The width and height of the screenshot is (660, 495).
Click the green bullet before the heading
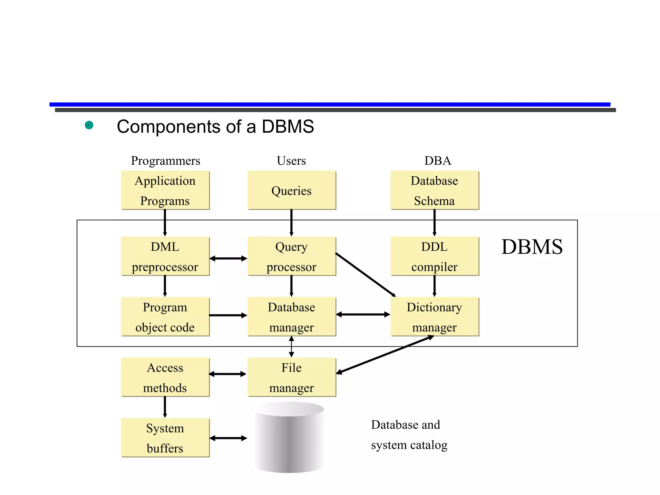click(89, 125)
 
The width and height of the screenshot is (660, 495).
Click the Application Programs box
click(165, 190)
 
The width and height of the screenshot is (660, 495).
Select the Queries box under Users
click(291, 190)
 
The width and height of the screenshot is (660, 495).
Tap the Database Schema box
click(434, 190)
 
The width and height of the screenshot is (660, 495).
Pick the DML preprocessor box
click(165, 257)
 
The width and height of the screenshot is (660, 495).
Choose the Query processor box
click(291, 257)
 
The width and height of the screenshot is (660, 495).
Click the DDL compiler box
click(434, 257)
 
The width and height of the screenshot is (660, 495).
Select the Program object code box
click(165, 317)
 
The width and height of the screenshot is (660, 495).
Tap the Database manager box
click(291, 317)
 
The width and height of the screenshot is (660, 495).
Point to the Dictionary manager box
click(434, 317)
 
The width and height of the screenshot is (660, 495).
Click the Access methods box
click(165, 377)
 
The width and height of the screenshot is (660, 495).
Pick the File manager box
click(291, 377)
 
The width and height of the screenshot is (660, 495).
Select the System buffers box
click(165, 438)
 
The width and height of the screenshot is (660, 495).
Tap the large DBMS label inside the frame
click(532, 247)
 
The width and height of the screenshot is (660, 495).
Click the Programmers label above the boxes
click(165, 160)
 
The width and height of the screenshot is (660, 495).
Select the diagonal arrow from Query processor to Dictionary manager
click(365, 274)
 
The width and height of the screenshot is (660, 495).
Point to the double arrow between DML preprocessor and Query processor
click(228, 258)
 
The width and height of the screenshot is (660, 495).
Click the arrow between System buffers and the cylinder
click(228, 438)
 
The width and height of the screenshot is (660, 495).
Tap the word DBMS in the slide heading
click(287, 126)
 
